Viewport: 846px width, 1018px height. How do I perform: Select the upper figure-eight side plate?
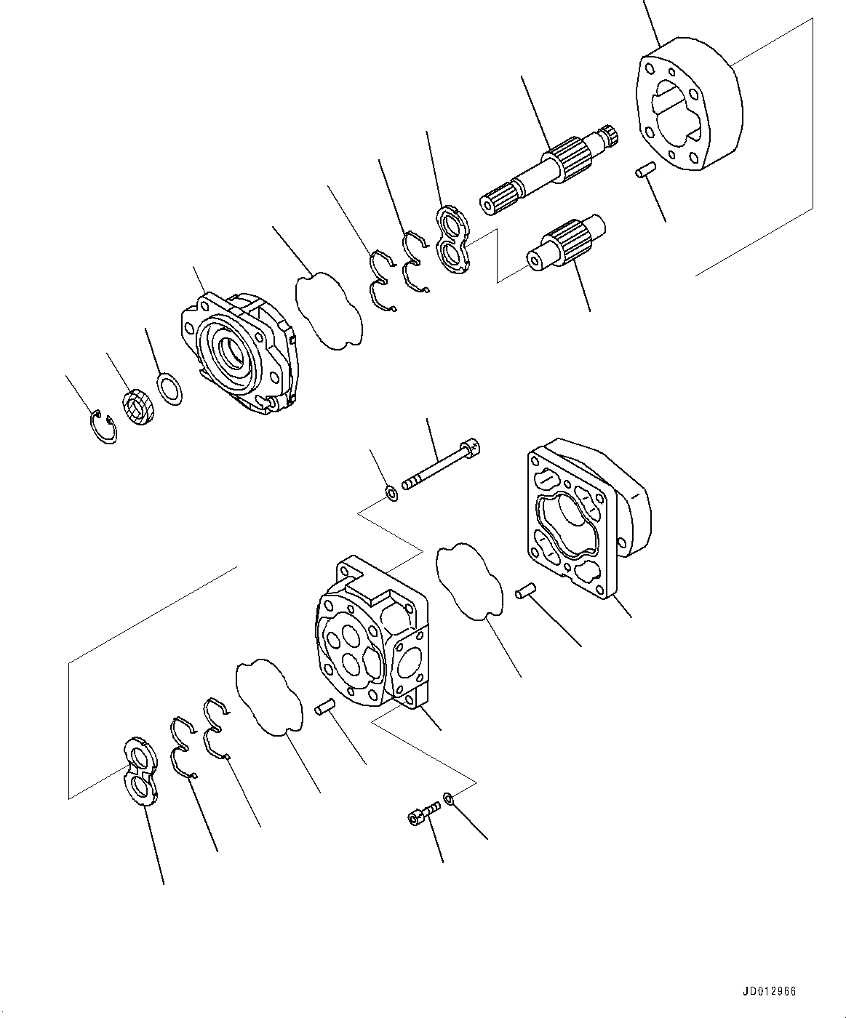coord(454,241)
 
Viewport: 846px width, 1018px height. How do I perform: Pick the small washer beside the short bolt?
coord(449,799)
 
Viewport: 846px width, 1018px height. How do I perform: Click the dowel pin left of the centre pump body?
coord(324,705)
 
